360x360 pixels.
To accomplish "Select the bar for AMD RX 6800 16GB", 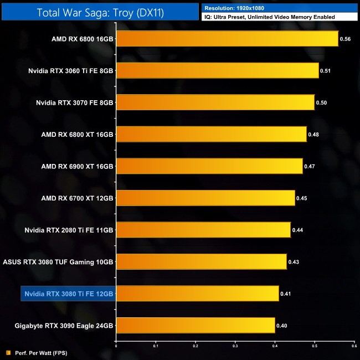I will [227, 39].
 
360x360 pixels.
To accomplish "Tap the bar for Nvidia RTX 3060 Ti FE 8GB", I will [217, 70].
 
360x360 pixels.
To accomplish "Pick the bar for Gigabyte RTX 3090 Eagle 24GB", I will [196, 325].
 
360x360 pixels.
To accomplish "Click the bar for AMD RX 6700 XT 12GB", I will [205, 198].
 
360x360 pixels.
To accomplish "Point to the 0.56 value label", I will [345, 39].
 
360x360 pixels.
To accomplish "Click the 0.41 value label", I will [286, 294].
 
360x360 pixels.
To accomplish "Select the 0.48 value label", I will [313, 134].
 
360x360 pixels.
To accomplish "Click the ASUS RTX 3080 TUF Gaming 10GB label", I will [58, 261].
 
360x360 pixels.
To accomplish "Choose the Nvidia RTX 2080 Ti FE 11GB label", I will [69, 230].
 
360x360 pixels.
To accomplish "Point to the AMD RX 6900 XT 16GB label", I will [77, 166].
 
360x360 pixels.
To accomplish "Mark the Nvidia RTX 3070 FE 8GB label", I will [74, 102].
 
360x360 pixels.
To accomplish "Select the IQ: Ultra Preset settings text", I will [269, 17].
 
